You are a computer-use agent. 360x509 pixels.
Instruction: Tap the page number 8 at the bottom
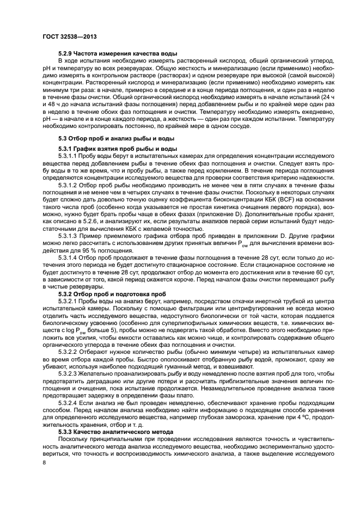click(44, 462)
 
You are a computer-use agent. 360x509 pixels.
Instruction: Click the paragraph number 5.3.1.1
click(68, 156)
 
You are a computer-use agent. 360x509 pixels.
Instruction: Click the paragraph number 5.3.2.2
click(68, 352)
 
